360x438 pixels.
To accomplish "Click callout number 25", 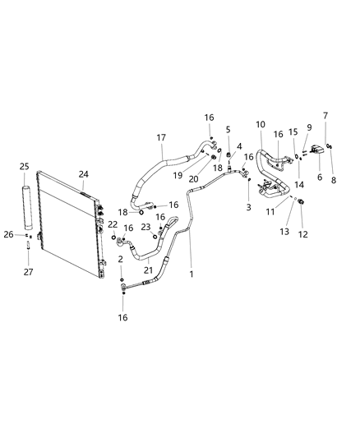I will (25, 167).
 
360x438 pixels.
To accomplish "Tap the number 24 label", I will (83, 173).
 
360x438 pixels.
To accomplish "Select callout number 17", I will (161, 137).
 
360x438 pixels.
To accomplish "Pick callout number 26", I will (8, 234).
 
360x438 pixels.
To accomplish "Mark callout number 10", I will (261, 124).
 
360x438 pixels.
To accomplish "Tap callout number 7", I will (325, 116).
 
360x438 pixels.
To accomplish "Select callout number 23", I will (145, 226).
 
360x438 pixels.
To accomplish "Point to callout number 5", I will (228, 129).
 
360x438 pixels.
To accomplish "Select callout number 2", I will (121, 259).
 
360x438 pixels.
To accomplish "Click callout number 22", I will (113, 224).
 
